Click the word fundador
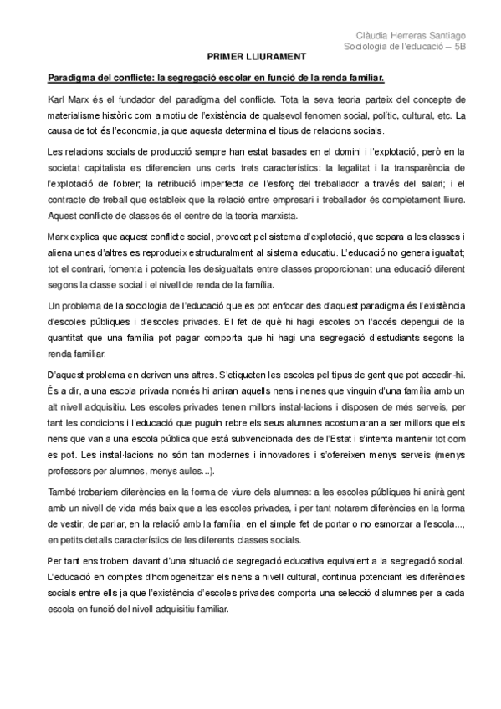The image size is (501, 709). pos(133,99)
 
